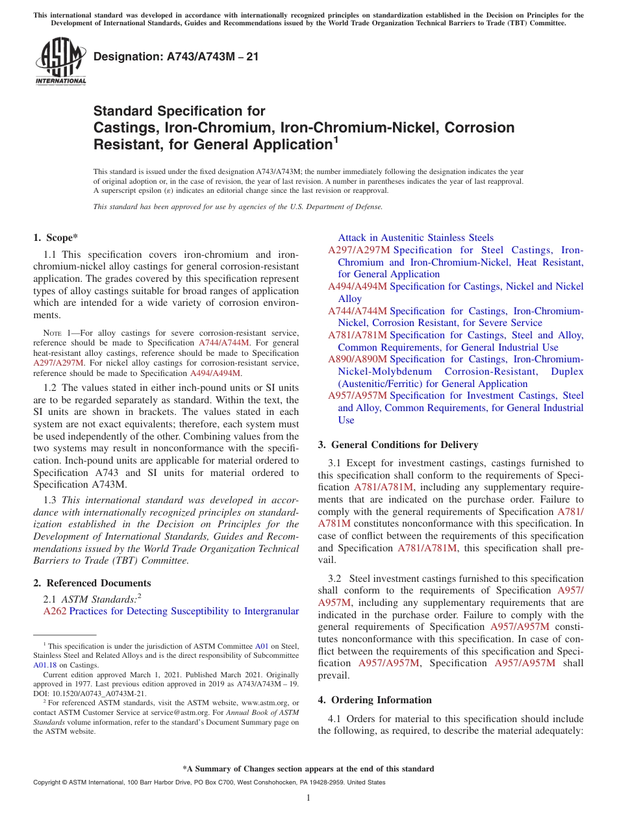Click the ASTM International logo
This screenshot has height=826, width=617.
[60, 62]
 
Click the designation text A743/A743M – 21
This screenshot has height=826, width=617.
[176, 57]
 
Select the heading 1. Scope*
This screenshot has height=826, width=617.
[56, 238]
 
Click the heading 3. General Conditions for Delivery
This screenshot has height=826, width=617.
[398, 445]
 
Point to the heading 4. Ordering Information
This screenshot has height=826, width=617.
[375, 700]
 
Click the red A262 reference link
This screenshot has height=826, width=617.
[55, 611]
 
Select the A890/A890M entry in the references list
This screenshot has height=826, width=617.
[357, 359]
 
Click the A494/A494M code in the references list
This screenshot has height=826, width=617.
[357, 286]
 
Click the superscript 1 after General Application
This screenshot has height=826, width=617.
[336, 139]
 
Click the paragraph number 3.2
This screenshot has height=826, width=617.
[335, 579]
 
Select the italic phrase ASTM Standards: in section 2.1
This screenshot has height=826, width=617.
[99, 599]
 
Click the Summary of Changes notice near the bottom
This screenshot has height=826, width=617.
[308, 769]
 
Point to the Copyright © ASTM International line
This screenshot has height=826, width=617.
[208, 782]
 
